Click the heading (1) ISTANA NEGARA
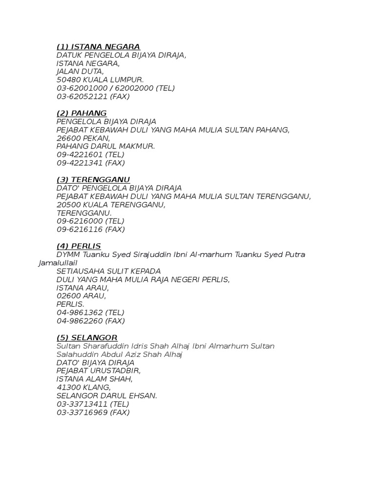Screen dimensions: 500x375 point(98,47)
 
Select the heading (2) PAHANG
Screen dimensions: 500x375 point(82,113)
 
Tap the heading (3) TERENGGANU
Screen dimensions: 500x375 point(93,180)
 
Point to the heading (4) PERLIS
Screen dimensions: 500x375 point(79,246)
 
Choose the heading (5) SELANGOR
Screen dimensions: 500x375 point(87,338)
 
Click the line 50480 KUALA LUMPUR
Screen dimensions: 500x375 point(100,80)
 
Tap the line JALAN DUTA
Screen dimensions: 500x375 point(80,71)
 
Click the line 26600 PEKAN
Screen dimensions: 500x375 point(83,138)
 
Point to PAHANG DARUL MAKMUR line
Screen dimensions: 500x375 point(105,146)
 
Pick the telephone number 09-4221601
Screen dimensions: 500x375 point(80,154)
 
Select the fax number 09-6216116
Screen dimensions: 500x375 point(80,229)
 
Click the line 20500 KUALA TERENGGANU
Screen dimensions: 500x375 point(111,205)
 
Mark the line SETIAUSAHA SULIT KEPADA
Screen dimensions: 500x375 point(108,271)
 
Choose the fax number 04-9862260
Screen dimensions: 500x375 point(80,321)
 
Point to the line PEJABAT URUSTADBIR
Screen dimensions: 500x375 point(99,371)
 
